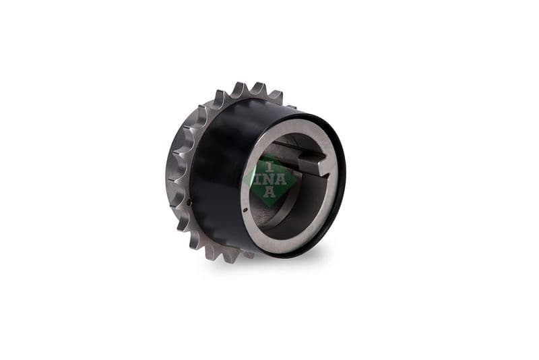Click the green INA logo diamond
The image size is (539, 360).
point(270,180)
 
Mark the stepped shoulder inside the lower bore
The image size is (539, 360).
point(276,214)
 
